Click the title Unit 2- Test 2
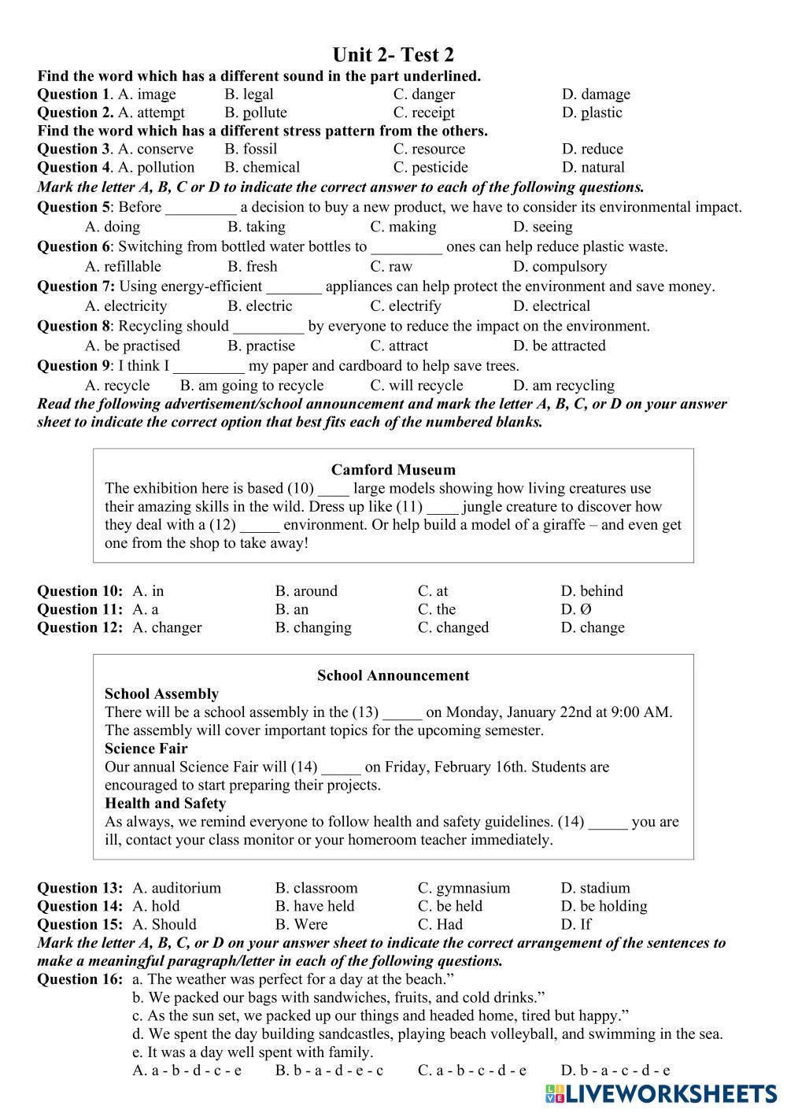[393, 55]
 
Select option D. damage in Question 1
[596, 94]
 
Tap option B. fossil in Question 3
[250, 149]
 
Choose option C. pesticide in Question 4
[430, 167]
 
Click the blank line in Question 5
[201, 208]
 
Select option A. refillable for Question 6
[123, 266]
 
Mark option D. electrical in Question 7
[551, 306]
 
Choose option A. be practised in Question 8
[132, 346]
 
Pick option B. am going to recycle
[252, 386]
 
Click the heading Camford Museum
[393, 470]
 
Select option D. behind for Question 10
[591, 591]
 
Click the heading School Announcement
[393, 675]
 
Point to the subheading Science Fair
[146, 749]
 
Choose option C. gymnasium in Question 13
[464, 888]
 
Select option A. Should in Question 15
[164, 924]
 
